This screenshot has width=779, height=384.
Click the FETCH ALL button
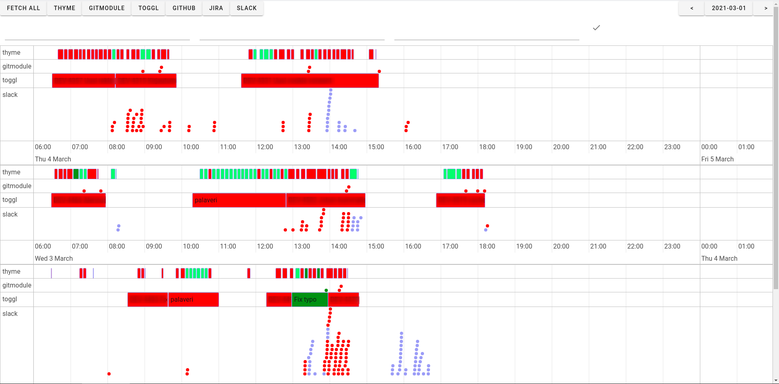coord(24,8)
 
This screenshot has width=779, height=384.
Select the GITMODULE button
coord(107,8)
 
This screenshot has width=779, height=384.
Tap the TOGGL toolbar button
coord(148,8)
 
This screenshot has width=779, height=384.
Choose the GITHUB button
coord(184,8)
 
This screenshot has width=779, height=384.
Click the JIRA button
coord(216,8)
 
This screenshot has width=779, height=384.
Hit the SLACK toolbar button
coord(247,8)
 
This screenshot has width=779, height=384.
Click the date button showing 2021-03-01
coord(729,8)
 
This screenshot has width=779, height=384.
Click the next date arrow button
coord(766,8)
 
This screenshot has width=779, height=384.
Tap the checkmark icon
coord(596,28)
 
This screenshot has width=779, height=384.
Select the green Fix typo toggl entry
coord(310,300)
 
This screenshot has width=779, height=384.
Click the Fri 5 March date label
coord(717,159)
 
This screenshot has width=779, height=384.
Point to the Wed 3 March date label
coord(54,258)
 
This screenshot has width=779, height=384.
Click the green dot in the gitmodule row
coord(326,290)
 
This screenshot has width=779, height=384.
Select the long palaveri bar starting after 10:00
coord(239,200)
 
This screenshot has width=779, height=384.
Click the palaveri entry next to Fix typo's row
coord(193,300)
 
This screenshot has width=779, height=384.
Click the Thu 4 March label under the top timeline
coord(53,159)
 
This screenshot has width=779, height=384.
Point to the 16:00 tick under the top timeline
coord(413,147)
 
